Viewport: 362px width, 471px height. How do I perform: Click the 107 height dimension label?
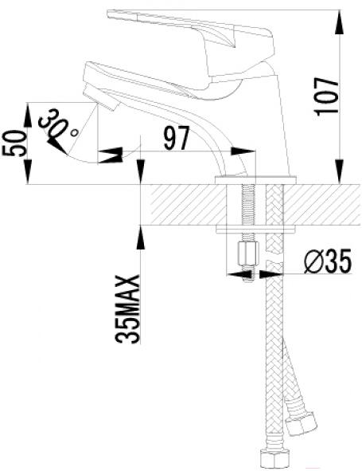(326, 96)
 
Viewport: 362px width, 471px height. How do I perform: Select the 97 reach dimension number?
(177, 138)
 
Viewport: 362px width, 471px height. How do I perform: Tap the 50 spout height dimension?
(14, 143)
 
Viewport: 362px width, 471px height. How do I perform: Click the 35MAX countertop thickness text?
(127, 309)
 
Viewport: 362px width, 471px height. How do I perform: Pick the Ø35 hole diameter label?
(327, 261)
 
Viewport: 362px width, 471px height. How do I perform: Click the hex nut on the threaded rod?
(248, 253)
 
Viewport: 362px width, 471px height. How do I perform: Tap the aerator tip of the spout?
(101, 96)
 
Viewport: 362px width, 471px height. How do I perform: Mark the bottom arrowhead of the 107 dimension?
(340, 171)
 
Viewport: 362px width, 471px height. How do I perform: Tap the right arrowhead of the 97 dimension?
(243, 151)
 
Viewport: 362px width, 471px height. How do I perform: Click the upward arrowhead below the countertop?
(140, 237)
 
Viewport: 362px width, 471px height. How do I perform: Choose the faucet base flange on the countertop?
(256, 180)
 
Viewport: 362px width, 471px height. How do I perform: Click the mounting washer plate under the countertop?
(255, 230)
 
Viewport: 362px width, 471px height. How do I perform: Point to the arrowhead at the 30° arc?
(57, 147)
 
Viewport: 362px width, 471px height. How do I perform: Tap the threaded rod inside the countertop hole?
(248, 205)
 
